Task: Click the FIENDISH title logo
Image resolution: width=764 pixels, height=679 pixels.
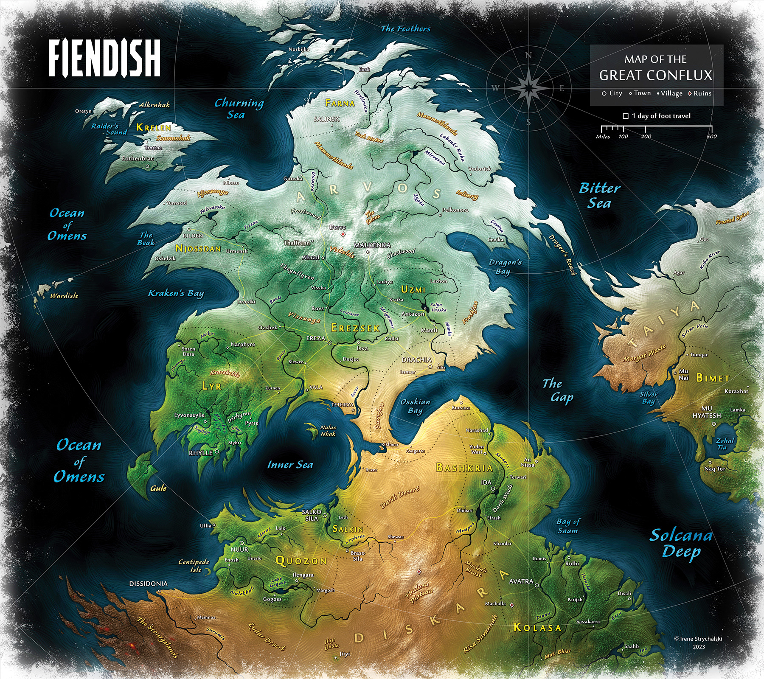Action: (x=104, y=58)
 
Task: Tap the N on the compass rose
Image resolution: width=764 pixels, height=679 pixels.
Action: (x=528, y=55)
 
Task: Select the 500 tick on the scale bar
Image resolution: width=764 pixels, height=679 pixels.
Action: (x=711, y=136)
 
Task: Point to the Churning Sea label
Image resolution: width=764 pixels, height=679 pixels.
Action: (x=239, y=109)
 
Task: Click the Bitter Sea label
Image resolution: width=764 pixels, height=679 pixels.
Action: (x=599, y=196)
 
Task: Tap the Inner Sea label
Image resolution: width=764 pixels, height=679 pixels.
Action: (x=290, y=465)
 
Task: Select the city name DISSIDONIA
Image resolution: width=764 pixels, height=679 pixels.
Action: (x=148, y=584)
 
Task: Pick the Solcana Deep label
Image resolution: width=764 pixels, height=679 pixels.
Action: (x=681, y=543)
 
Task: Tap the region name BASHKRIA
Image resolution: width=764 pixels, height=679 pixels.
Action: (x=464, y=468)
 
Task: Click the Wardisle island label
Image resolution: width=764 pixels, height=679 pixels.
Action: (x=64, y=295)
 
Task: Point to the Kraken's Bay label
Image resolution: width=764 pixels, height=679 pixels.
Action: (x=176, y=293)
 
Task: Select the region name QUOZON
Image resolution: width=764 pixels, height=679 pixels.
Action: (x=301, y=561)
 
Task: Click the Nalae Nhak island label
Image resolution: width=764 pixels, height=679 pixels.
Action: (x=328, y=431)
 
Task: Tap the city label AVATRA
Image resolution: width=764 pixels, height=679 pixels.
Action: (x=521, y=581)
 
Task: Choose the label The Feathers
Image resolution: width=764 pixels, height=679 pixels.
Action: (x=405, y=29)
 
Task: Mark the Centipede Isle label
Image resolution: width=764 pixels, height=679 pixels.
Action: (x=194, y=565)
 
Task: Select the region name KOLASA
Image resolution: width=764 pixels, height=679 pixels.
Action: (x=537, y=627)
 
